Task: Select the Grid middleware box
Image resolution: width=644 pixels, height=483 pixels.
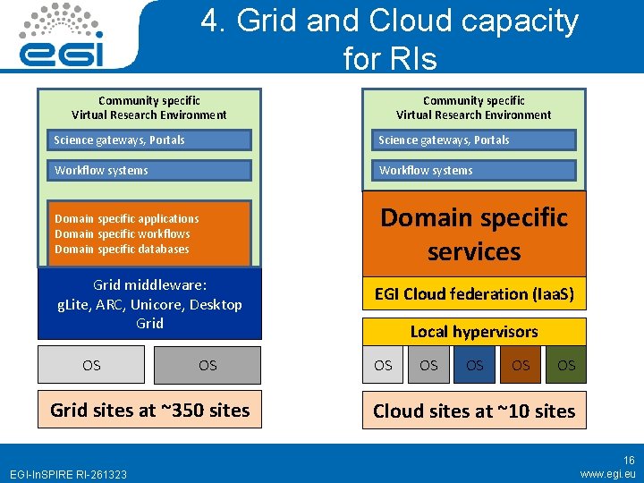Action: pos(149,303)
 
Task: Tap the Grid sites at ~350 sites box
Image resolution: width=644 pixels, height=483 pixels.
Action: pos(149,411)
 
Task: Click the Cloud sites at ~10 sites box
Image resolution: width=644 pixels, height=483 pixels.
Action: pos(474,411)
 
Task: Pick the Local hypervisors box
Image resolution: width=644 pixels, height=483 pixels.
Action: pos(474,332)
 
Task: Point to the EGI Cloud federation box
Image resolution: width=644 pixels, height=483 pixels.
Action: pos(474,293)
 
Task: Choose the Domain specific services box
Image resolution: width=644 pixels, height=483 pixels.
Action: pos(474,234)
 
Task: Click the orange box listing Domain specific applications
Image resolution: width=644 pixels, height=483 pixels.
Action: pos(149,233)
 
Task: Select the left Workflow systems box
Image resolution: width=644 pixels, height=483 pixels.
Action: pos(149,170)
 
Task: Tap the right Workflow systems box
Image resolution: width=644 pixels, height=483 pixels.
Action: pos(474,170)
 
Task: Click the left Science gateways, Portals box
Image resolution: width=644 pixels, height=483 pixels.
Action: pos(149,140)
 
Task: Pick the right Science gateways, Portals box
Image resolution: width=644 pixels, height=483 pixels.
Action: pos(474,140)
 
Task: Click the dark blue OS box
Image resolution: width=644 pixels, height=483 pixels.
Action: pos(475,365)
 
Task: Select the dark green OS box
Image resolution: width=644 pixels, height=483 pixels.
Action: pos(566,365)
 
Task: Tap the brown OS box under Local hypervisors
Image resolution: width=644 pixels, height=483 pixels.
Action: pos(521,365)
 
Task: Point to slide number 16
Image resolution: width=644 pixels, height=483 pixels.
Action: pos(629,461)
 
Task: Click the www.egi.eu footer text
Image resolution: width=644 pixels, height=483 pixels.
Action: pos(607,473)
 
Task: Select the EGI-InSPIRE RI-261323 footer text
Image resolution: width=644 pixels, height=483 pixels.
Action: pos(68,474)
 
